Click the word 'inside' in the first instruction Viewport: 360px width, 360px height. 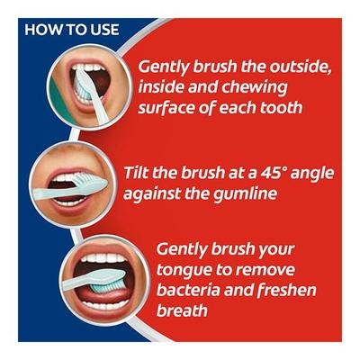pos(165,88)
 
